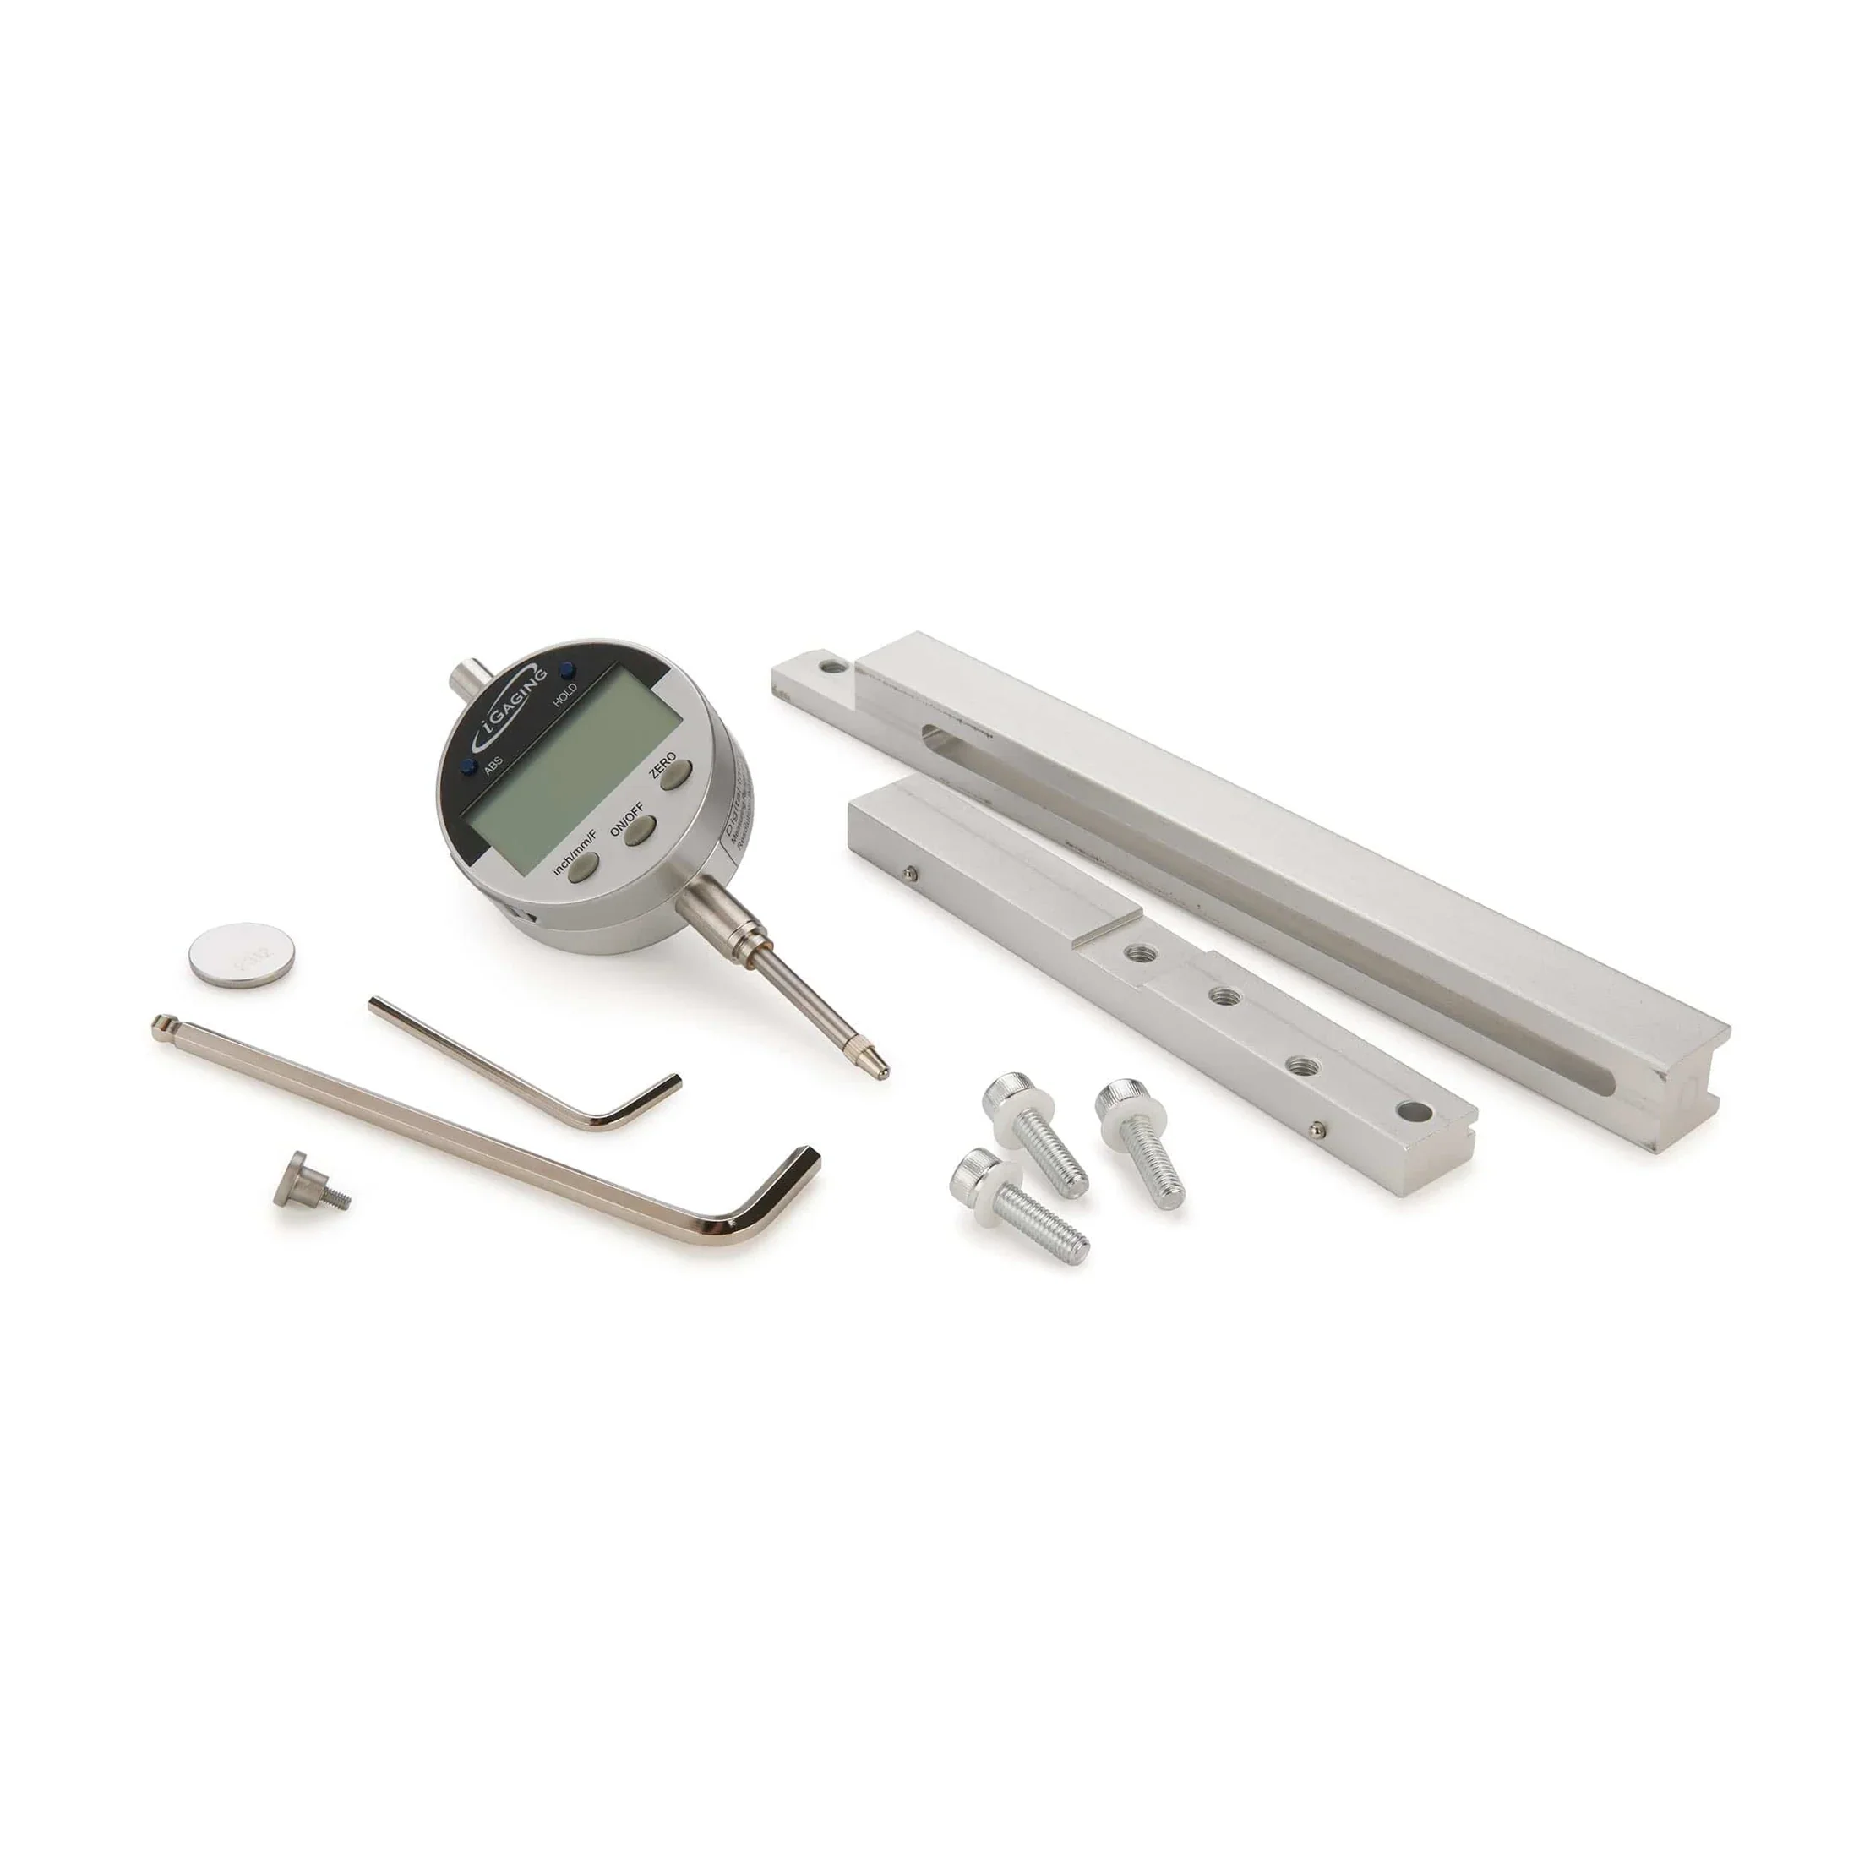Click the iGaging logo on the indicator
click(x=513, y=702)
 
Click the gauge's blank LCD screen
click(x=568, y=779)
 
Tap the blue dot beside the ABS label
click(x=467, y=767)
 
